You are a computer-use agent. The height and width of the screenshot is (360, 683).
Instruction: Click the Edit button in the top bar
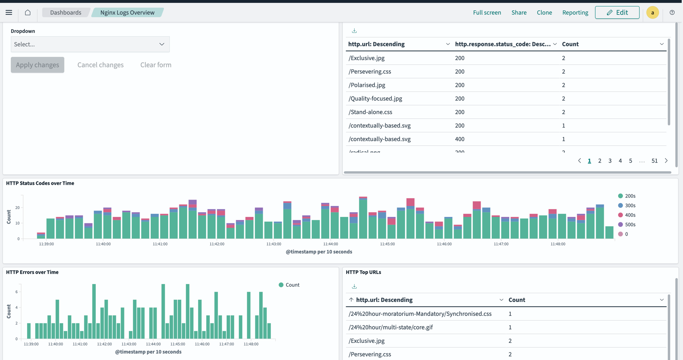pos(617,12)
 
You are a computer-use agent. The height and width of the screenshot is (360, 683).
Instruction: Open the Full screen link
pos(487,12)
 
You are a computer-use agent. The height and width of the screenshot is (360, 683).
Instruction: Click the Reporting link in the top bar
pos(575,12)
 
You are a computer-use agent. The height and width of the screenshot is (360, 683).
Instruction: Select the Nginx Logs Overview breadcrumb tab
pos(127,12)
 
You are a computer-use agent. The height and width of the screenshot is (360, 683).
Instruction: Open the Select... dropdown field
pos(90,44)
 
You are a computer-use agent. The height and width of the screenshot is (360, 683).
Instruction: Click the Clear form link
pos(155,65)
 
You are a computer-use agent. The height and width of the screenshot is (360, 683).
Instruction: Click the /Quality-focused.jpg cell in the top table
pos(375,99)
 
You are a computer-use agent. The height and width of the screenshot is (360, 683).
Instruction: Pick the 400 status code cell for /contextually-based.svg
pos(460,139)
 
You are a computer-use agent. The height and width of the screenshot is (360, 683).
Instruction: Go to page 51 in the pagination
pos(654,161)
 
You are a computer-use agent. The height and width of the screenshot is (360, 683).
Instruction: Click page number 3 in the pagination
pos(610,161)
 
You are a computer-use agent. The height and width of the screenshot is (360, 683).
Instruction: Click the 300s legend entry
pos(630,205)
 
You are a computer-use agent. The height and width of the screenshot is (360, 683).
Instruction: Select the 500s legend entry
pos(630,225)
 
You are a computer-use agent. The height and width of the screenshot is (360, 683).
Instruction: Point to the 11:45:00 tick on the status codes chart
pos(387,244)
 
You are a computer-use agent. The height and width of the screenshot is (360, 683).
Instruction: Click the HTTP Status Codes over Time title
pos(40,183)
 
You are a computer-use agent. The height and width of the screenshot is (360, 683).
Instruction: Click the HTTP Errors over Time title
pos(32,272)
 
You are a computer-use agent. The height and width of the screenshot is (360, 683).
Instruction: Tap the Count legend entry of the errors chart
pos(292,285)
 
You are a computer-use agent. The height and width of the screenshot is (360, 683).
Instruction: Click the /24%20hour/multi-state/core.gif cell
pos(390,327)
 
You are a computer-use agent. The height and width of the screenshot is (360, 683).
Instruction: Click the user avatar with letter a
pos(652,12)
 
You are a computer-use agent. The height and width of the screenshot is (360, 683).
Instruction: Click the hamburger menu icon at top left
pos(9,12)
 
